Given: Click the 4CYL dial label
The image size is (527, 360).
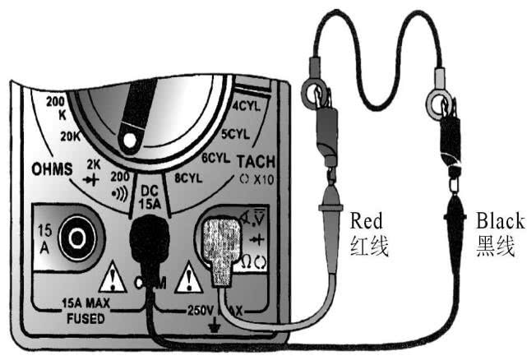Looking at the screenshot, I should coord(247,106).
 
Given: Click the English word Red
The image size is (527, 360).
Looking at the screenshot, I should coord(368,220).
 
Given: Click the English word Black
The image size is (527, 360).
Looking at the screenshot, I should coord(497,220).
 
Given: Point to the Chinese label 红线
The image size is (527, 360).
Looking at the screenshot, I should coord(368,245).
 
